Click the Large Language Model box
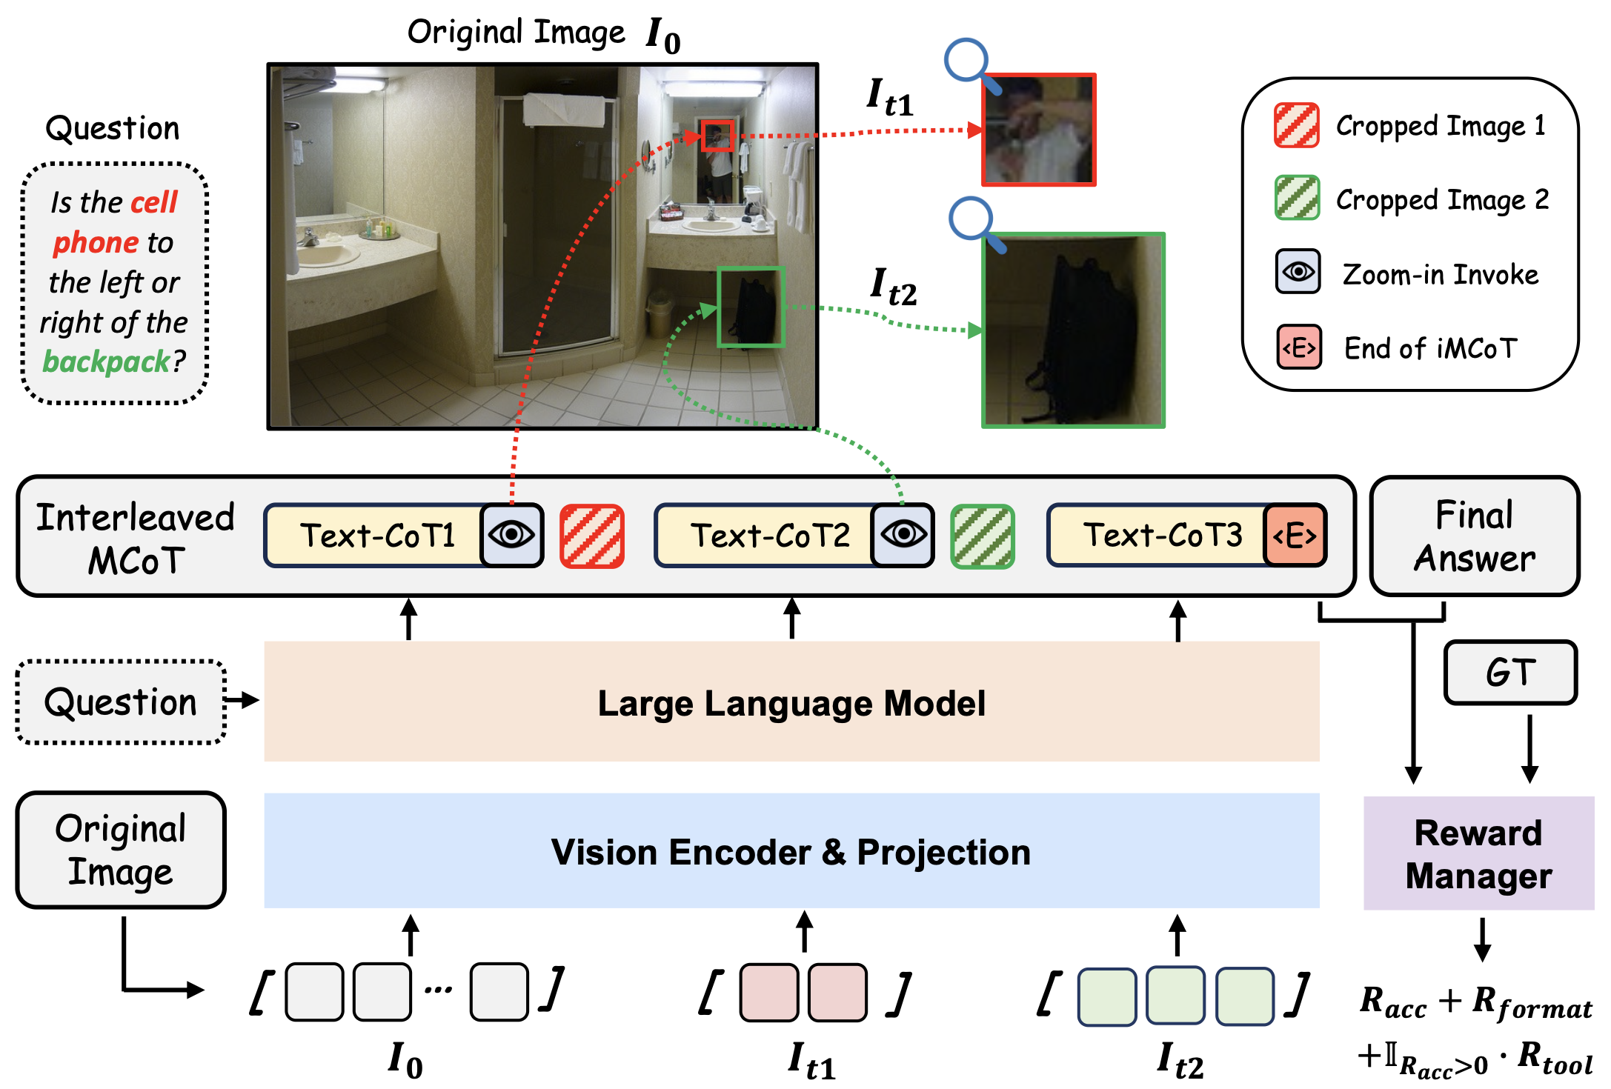click(x=791, y=702)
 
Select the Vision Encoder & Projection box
click(x=791, y=851)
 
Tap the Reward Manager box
click(x=1478, y=853)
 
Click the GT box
click(x=1510, y=673)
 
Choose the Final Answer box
click(x=1475, y=536)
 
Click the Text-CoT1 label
click(x=376, y=536)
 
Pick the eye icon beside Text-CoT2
click(x=903, y=535)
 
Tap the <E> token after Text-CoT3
click(x=1295, y=536)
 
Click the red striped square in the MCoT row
click(x=592, y=536)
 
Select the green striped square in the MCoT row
click(x=983, y=536)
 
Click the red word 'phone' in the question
click(x=96, y=243)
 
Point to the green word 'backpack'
click(x=106, y=362)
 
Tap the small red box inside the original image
click(x=717, y=136)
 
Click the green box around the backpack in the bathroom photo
click(x=751, y=307)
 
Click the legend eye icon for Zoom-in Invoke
click(x=1298, y=272)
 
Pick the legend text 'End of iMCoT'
click(x=1431, y=348)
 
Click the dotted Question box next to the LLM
click(x=121, y=702)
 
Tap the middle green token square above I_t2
click(x=1175, y=996)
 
